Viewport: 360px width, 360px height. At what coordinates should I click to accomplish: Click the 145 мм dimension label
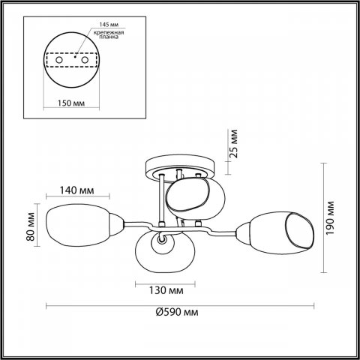point(109,25)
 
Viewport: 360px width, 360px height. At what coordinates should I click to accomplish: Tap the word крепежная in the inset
point(109,32)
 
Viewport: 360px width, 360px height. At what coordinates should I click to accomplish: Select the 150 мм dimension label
point(71,103)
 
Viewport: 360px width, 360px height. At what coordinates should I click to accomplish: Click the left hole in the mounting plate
point(59,60)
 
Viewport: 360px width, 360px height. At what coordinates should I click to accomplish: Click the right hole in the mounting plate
point(85,60)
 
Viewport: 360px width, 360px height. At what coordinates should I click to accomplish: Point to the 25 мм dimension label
point(233,144)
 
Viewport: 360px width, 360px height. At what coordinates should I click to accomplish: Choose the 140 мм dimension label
point(76,190)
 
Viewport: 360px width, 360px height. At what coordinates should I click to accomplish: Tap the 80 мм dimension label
point(31,226)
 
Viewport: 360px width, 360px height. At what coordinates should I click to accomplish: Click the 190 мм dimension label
point(330,217)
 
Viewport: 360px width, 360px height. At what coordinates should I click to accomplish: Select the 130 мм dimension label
point(166,290)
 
